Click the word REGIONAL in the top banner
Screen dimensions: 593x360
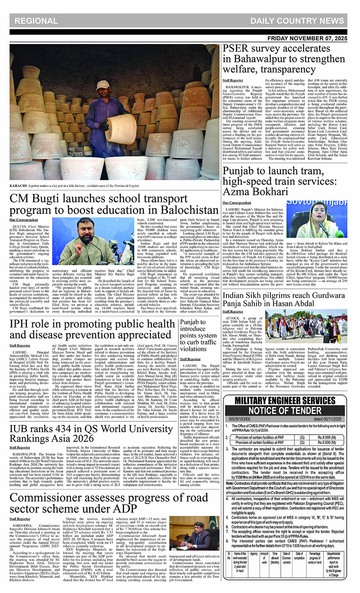coord(36,21)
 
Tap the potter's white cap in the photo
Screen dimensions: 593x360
coord(104,86)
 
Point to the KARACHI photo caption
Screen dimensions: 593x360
coord(74,186)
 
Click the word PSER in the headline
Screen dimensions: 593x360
coord(237,49)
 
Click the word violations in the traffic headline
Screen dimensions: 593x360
coord(193,349)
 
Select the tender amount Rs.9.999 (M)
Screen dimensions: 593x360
coord(326,437)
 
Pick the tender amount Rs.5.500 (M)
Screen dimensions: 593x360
coord(326,443)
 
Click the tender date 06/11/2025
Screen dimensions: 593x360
coord(327,419)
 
